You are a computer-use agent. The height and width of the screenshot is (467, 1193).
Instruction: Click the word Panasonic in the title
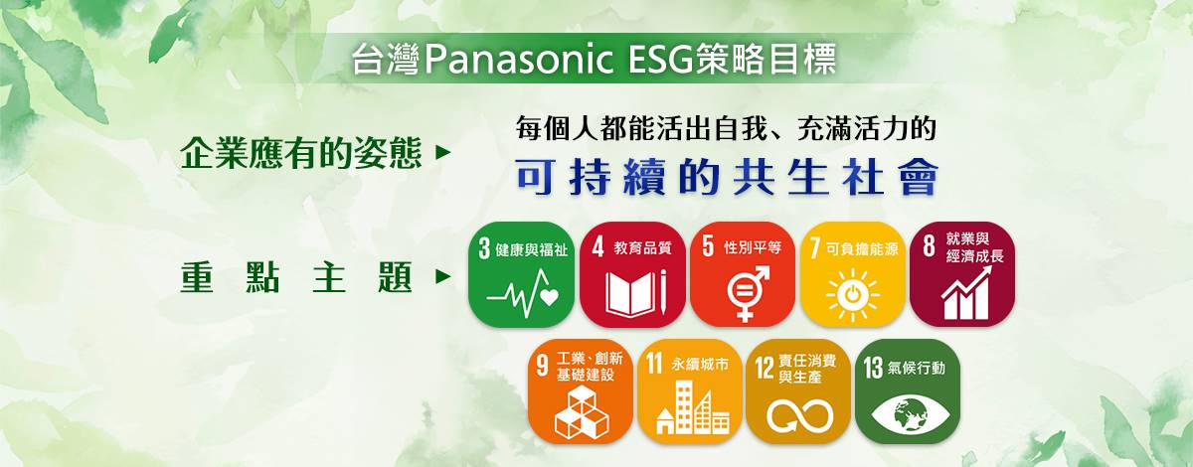point(519,60)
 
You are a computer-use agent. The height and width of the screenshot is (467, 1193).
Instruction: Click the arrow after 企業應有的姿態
point(443,153)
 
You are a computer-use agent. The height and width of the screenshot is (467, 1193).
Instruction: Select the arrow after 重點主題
point(443,277)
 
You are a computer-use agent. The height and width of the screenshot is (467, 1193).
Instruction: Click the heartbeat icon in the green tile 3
point(523,293)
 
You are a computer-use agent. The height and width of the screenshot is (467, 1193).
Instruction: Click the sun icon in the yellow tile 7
point(853,295)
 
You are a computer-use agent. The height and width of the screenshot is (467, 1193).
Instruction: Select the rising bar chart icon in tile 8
point(966,293)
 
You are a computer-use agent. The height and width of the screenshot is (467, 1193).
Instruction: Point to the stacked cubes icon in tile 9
point(582,412)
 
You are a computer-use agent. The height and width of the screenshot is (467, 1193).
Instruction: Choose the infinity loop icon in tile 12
point(800,416)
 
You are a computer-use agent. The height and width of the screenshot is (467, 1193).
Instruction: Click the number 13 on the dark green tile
point(873,368)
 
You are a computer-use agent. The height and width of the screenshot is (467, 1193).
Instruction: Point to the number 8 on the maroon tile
point(929,246)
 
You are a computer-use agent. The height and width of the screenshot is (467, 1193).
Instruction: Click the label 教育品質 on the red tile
point(642,247)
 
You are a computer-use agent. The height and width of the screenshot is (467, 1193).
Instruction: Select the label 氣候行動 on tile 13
point(917,368)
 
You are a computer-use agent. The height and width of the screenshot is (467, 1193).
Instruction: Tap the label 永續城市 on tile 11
point(700,365)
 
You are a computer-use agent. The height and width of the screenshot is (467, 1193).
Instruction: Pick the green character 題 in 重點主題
point(396,277)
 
